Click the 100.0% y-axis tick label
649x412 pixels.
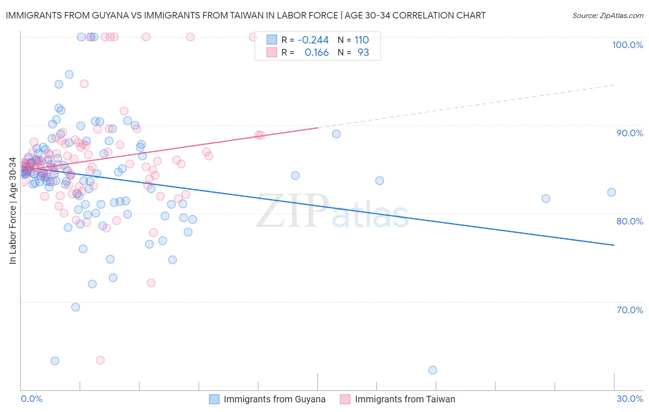click(627, 45)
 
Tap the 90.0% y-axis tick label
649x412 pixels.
click(630, 133)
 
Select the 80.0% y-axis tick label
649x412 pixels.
click(630, 221)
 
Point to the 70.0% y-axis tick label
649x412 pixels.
click(630, 310)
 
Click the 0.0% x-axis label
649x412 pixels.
click(31, 399)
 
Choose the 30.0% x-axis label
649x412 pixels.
click(630, 399)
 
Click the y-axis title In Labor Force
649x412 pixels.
click(12, 211)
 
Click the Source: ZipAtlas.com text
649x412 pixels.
click(607, 16)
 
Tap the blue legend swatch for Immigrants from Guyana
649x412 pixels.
click(214, 399)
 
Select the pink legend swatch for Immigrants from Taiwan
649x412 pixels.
click(345, 399)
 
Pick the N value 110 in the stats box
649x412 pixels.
click(361, 40)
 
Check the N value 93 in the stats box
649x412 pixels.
click(363, 53)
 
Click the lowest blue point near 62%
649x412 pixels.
click(433, 370)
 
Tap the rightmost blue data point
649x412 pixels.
click(612, 192)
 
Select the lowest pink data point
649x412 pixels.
click(100, 360)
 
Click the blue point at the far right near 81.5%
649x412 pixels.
click(546, 199)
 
